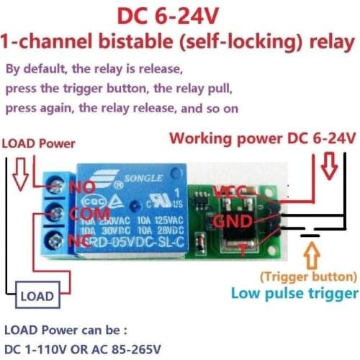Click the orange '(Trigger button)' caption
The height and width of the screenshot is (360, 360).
tap(308, 276)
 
